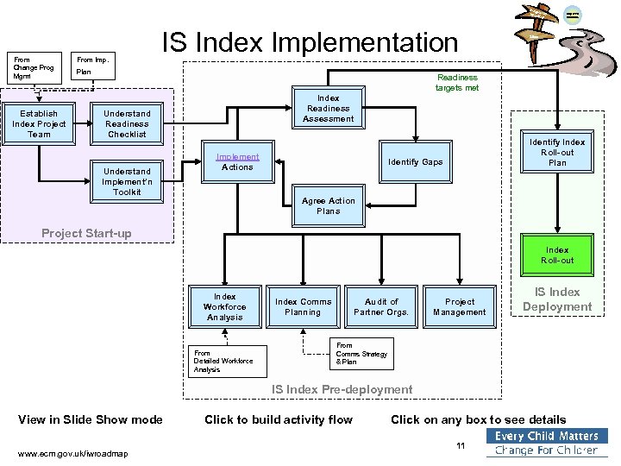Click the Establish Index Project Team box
click(39, 123)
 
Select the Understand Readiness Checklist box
click(127, 123)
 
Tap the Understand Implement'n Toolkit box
click(127, 181)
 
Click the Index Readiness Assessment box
click(328, 109)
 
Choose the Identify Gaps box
click(415, 162)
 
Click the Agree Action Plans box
click(328, 206)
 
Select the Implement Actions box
click(237, 162)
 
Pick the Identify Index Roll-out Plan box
click(557, 152)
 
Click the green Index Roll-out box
click(557, 255)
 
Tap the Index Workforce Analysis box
click(224, 306)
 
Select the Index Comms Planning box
click(303, 306)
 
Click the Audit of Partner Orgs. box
click(381, 306)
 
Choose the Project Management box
click(460, 306)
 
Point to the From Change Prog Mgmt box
click(34, 68)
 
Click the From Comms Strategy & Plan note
click(361, 353)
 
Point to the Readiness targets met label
click(456, 82)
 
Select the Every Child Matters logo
click(547, 443)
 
